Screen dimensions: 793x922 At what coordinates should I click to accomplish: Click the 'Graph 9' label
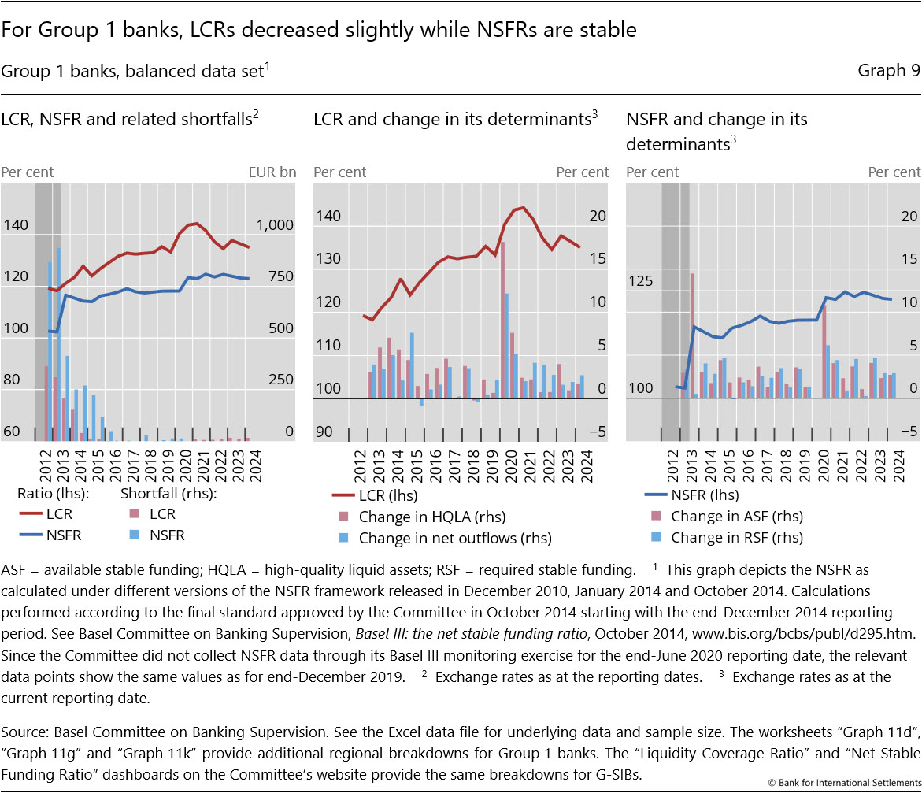(x=888, y=71)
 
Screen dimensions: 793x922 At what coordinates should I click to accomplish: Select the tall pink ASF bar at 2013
(x=692, y=335)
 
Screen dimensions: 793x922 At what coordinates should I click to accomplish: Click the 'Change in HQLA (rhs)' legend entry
(x=431, y=517)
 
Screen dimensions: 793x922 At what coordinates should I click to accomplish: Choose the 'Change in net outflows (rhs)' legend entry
(x=454, y=539)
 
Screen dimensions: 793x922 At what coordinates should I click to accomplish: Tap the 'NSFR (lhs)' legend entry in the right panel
(x=705, y=496)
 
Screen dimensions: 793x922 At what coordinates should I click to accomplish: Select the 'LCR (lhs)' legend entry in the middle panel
(x=387, y=496)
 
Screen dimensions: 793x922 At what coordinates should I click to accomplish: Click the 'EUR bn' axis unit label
(x=272, y=172)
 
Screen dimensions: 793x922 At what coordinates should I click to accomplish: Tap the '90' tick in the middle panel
(x=325, y=432)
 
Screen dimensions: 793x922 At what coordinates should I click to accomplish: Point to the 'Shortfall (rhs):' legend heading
(x=168, y=495)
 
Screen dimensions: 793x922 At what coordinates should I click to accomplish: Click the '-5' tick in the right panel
(x=909, y=432)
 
